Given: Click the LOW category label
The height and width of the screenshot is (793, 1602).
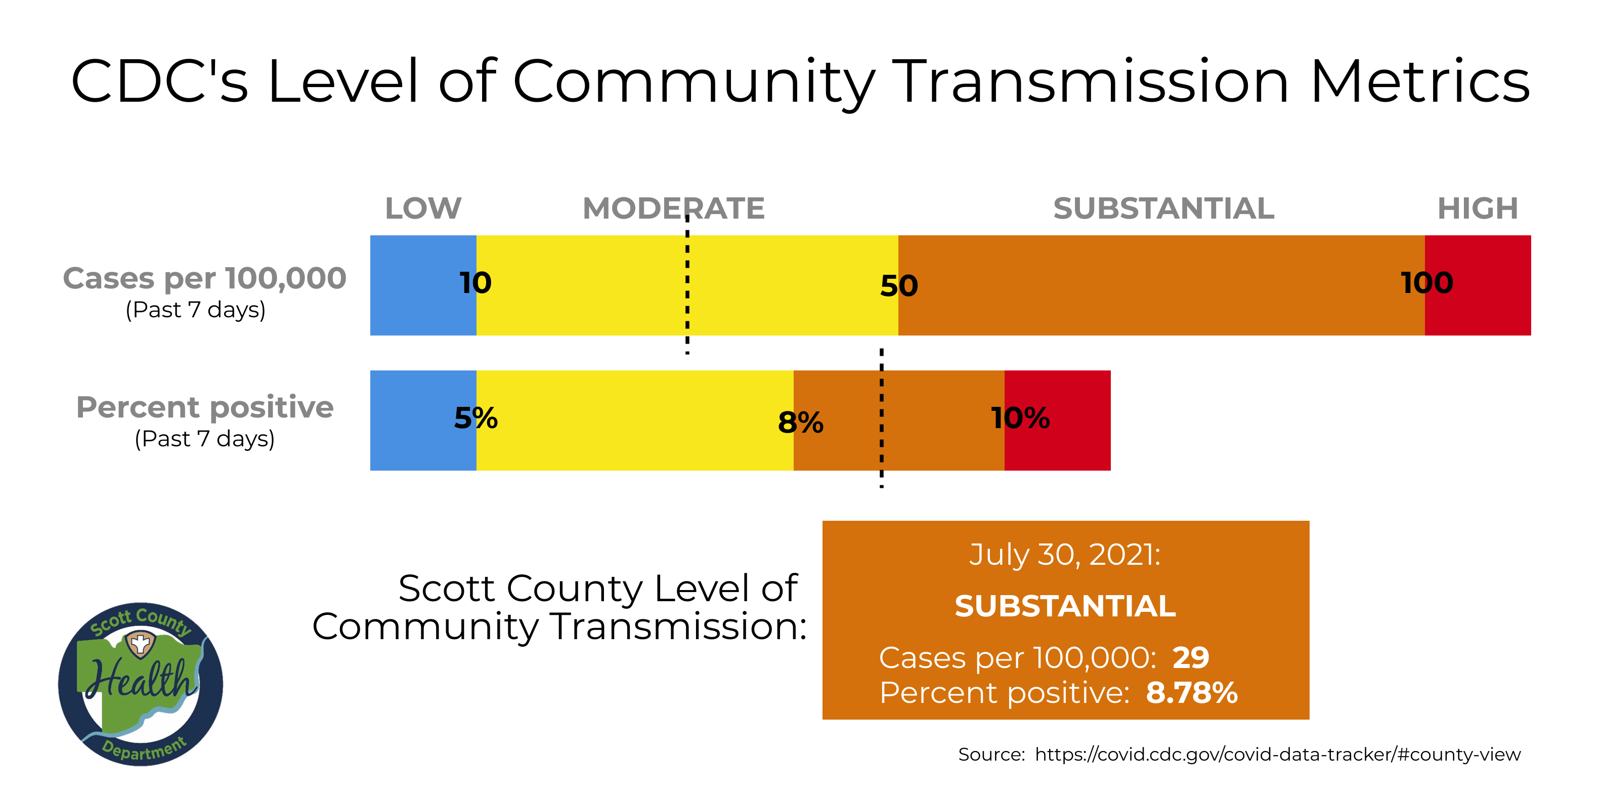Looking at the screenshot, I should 423,208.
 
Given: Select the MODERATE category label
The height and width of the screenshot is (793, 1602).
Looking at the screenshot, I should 673,208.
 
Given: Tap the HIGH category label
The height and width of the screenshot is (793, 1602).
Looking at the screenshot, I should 1477,208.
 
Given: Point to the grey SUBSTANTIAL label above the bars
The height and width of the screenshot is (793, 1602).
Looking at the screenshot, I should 1163,208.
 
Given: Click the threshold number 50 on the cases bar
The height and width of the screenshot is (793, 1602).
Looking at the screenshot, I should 899,286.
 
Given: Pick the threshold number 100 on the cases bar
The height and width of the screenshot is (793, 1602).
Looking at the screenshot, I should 1426,283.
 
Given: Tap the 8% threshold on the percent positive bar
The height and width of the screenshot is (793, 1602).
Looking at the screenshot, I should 800,423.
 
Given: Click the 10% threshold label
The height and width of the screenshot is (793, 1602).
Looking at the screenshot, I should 1020,418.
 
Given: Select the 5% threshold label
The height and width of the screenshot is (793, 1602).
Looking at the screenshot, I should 476,418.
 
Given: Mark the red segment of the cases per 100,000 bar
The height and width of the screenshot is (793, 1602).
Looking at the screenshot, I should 1493,285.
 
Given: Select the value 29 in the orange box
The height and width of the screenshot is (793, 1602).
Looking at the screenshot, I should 1190,657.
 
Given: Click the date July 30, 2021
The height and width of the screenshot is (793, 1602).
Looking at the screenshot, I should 1065,554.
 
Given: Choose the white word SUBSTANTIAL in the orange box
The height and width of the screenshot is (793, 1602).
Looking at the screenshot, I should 1065,606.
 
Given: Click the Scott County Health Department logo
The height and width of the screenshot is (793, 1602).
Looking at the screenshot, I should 141,684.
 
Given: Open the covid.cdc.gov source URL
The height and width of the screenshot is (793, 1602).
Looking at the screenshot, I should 1277,755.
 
